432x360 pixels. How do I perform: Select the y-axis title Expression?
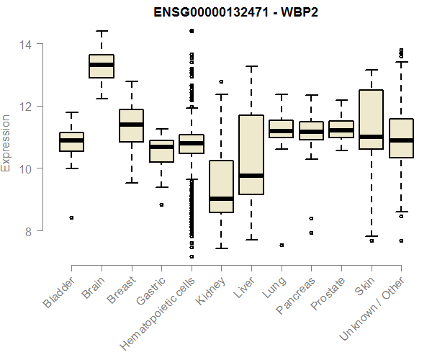point(6,143)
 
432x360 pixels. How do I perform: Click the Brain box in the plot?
point(101,66)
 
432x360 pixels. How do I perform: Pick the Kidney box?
point(221,186)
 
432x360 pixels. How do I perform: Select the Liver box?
point(251,155)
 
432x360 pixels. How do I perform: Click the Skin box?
point(371,120)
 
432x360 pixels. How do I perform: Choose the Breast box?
point(131,126)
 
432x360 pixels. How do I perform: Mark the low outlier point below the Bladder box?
point(71,217)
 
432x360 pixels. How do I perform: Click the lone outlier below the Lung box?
point(281,245)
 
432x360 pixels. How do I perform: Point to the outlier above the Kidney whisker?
point(221,82)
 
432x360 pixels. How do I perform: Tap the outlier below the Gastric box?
point(161,204)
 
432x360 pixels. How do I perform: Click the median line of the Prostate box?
point(341,130)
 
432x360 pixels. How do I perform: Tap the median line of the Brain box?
point(101,65)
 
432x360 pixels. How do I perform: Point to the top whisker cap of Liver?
point(251,66)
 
